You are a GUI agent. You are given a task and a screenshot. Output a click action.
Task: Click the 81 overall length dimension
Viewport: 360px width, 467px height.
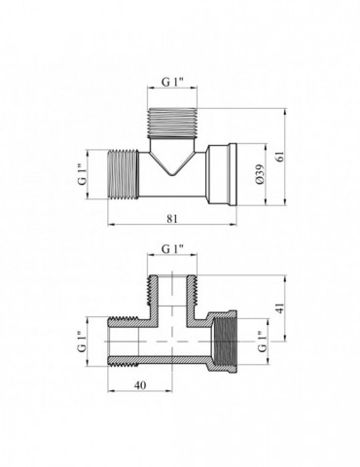pos(172,219)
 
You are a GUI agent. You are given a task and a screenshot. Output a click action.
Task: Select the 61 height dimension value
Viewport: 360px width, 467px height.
pos(280,157)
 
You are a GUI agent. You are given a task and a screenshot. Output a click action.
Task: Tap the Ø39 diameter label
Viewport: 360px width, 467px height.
pos(261,175)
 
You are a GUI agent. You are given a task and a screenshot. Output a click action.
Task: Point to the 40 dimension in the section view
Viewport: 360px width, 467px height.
pos(140,385)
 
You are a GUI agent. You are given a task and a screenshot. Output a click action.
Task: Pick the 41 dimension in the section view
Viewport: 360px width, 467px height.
pos(281,307)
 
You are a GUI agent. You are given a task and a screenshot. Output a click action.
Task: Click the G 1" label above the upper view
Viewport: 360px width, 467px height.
pos(172,82)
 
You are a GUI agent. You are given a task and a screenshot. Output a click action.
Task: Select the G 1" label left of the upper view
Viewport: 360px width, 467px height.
pos(83,174)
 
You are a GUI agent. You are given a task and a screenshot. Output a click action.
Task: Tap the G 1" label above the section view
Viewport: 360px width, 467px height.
pos(172,249)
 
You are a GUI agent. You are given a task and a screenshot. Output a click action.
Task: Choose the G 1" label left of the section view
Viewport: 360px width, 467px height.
pos(83,341)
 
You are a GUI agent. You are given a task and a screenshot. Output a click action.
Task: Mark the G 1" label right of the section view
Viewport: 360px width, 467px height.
pos(262,341)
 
